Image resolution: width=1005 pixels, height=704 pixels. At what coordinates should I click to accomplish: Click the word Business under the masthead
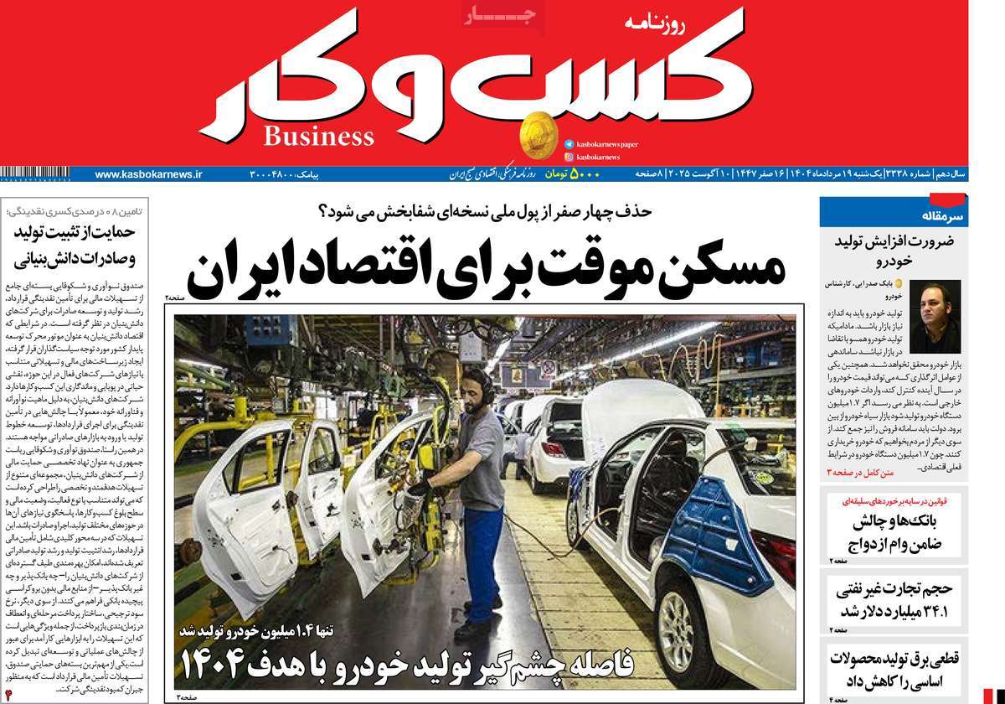coord(319,135)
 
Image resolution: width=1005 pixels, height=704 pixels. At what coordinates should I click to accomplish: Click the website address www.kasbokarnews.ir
coord(148,174)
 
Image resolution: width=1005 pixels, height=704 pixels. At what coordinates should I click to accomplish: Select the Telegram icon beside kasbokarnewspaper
coord(569,144)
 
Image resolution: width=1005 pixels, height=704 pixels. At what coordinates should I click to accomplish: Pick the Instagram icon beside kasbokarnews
coord(569,157)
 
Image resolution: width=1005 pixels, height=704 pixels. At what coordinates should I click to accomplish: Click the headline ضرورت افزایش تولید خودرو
coord(891,250)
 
